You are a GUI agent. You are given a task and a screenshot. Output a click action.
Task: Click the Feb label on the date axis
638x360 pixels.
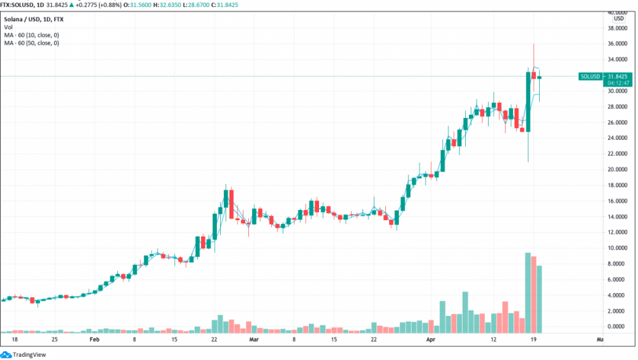94,340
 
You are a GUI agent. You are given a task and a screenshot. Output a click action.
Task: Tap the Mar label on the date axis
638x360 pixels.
253,340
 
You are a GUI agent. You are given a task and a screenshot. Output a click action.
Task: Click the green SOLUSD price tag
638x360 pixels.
590,77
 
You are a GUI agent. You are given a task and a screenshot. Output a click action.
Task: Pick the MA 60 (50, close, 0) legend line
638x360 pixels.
32,43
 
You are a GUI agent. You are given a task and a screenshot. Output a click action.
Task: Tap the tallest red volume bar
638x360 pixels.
534,294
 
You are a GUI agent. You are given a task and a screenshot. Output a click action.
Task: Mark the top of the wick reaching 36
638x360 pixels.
533,44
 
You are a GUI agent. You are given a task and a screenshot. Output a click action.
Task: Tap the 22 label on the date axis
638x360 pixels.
374,340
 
